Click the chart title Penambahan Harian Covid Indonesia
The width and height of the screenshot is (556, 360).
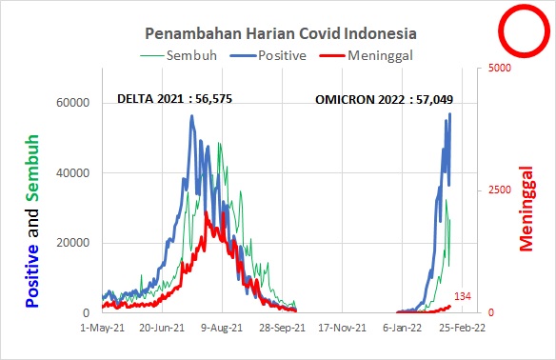coord(279,33)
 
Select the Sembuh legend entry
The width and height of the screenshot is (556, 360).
coord(192,55)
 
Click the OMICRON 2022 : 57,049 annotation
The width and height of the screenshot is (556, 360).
coord(385,98)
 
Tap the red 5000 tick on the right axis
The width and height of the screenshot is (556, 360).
coord(499,69)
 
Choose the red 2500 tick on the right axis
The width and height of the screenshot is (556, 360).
coord(499,190)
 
